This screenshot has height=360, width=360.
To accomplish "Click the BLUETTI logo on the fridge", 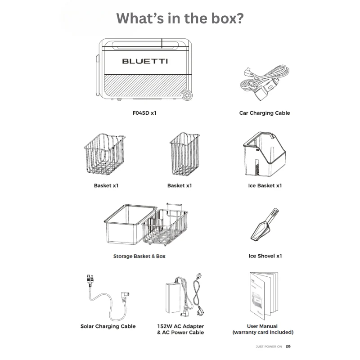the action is (145, 61).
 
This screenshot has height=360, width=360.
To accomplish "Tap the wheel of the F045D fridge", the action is (187, 95).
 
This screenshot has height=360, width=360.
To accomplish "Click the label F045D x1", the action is (144, 113).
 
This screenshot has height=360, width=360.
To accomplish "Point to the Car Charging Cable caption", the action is (265, 113).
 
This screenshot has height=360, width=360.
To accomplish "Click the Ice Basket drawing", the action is (265, 154).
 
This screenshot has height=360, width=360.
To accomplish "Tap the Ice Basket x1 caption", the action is (265, 185).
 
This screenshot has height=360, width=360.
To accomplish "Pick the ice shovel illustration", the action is (265, 225).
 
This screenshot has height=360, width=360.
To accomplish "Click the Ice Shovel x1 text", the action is (265, 256).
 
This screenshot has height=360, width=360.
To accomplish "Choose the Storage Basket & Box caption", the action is (139, 256).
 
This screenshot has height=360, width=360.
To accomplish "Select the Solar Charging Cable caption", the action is (108, 326).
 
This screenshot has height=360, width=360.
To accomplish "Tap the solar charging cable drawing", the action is (108, 298).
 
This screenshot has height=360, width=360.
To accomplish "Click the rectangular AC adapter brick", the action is (173, 298).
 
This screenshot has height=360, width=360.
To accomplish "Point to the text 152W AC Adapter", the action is (180, 326).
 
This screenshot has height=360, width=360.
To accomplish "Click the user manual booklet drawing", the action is (264, 296).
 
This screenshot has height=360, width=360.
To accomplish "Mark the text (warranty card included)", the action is (263, 332).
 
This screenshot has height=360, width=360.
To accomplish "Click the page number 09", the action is (288, 346).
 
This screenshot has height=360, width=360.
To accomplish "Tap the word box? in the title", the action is (227, 18).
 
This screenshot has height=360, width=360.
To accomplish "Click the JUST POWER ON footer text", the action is (269, 346).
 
